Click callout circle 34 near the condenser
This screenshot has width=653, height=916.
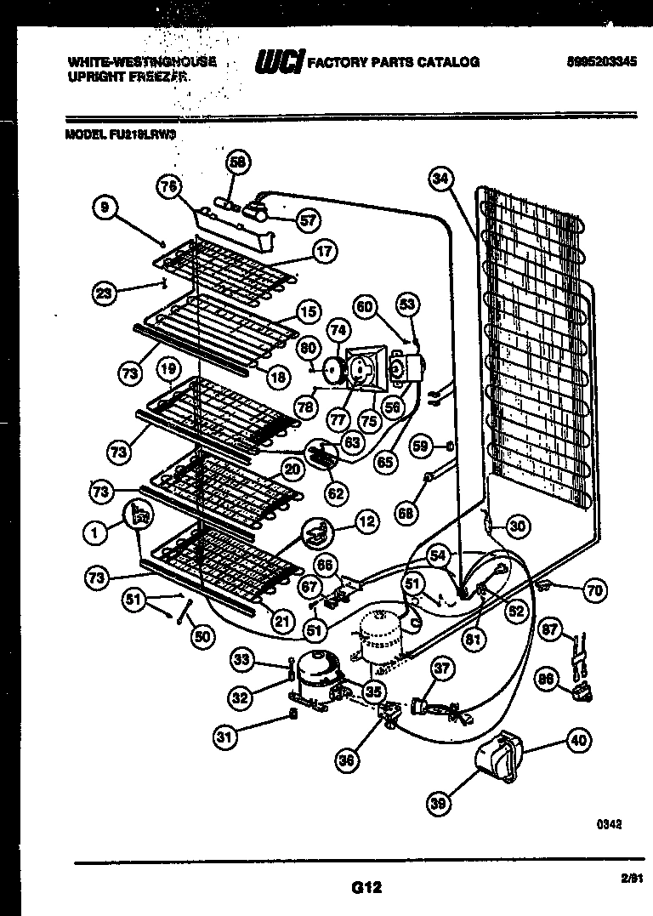point(440,179)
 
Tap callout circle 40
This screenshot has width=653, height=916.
point(577,740)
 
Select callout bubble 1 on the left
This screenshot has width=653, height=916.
point(96,533)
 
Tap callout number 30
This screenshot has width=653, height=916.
point(517,526)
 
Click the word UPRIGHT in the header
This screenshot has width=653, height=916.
point(88,76)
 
